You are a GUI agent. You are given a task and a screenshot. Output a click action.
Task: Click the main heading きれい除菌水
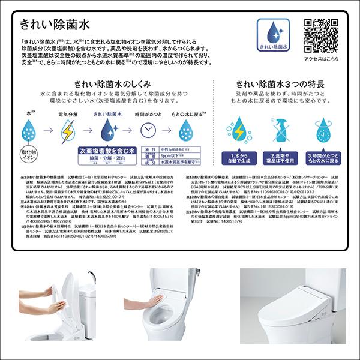click(x=55, y=25)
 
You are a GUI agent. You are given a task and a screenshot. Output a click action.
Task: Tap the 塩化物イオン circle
click(x=29, y=152)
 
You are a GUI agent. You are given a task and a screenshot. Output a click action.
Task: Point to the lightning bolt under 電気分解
click(x=68, y=130)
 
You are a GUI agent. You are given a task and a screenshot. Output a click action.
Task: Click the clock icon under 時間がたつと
click(x=148, y=130)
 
